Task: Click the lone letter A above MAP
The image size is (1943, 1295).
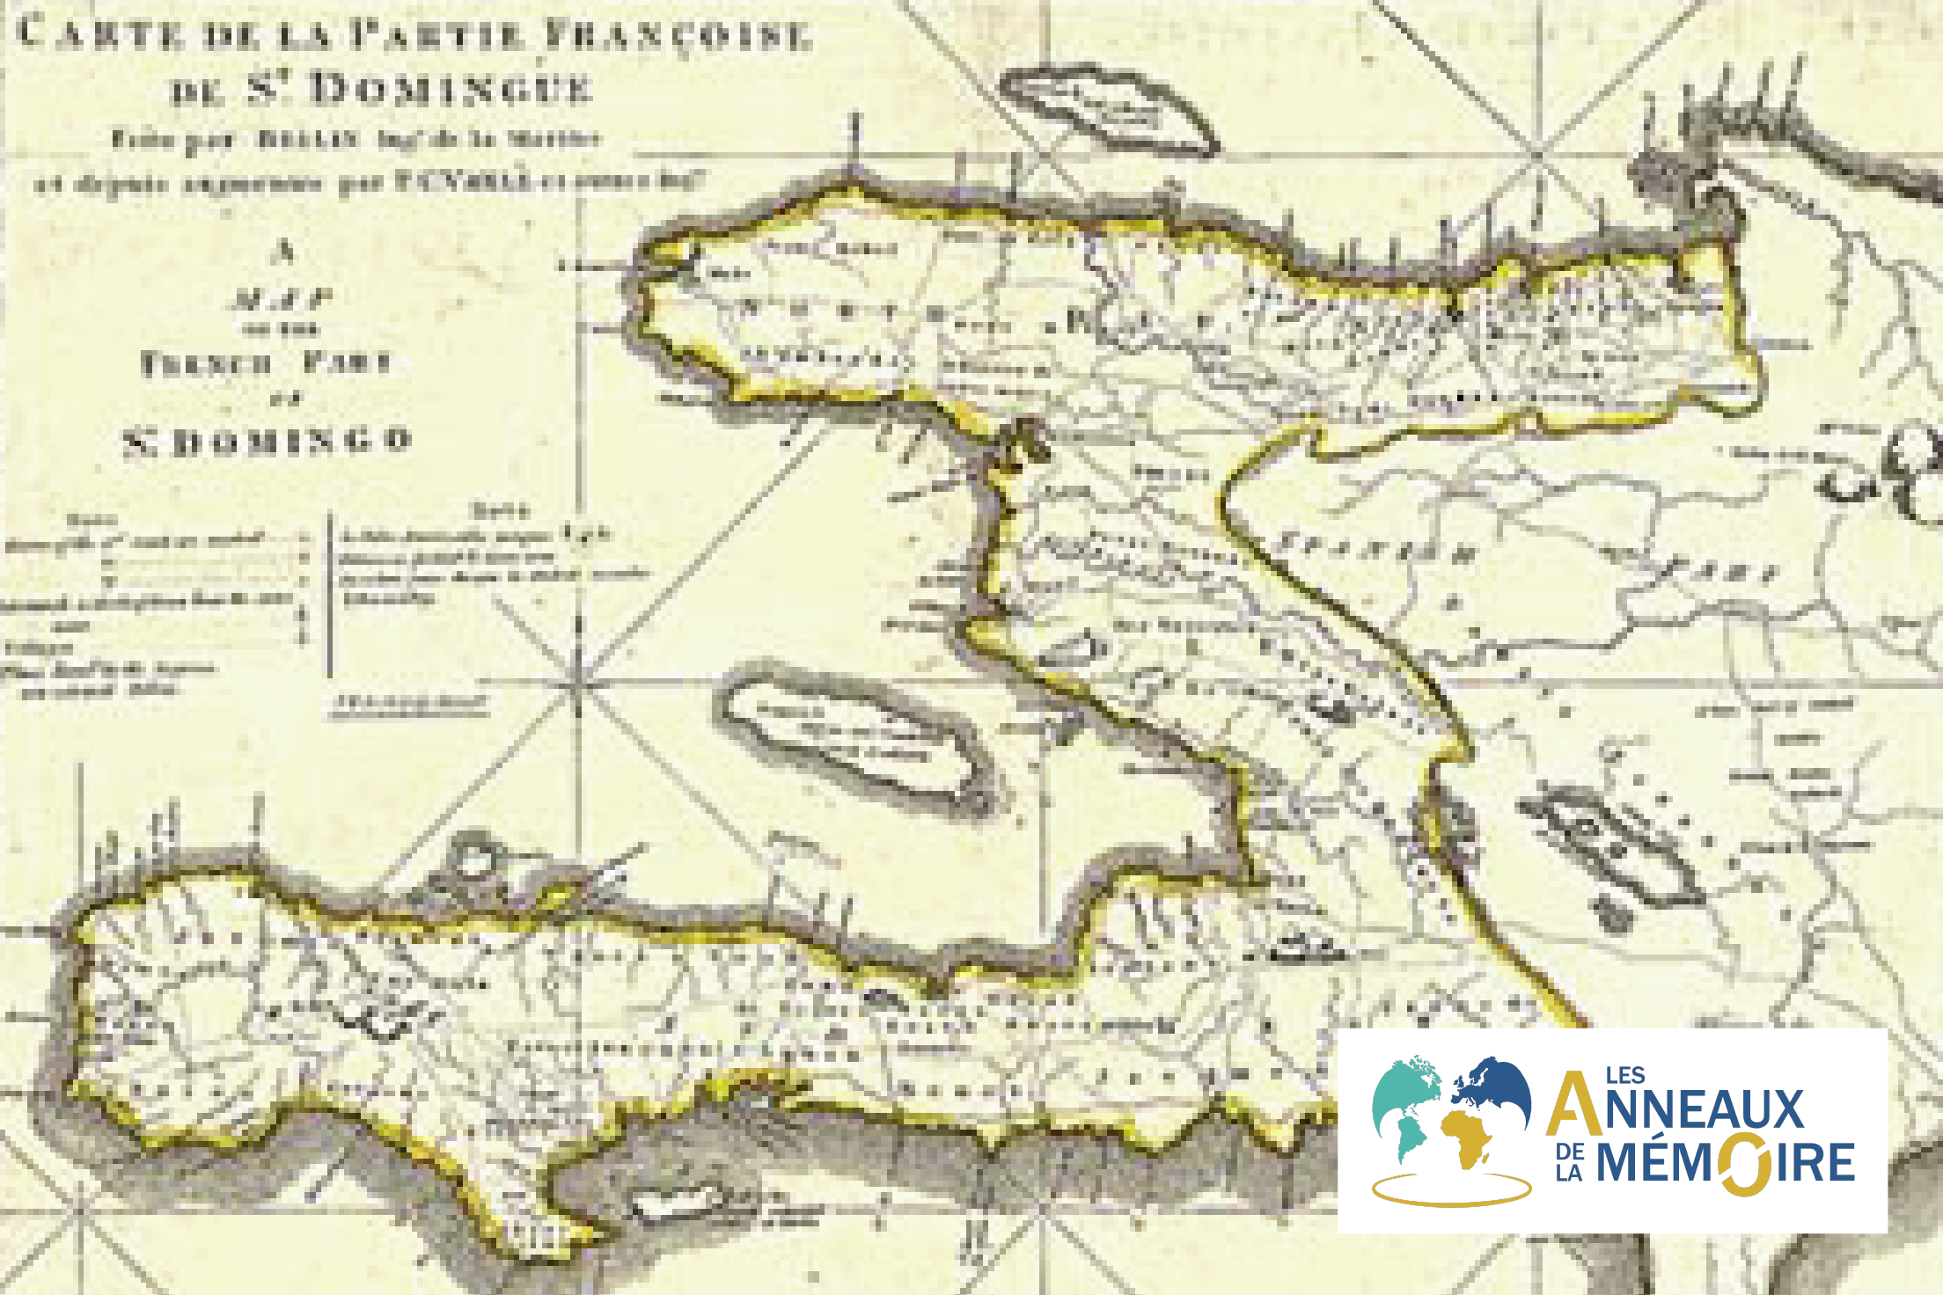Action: (x=284, y=252)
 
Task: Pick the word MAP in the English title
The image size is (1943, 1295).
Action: (x=282, y=300)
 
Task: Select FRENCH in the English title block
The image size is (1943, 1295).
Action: (x=206, y=363)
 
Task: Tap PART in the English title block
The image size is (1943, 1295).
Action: (x=348, y=362)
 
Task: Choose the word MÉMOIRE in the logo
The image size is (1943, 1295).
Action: (x=1725, y=1163)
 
